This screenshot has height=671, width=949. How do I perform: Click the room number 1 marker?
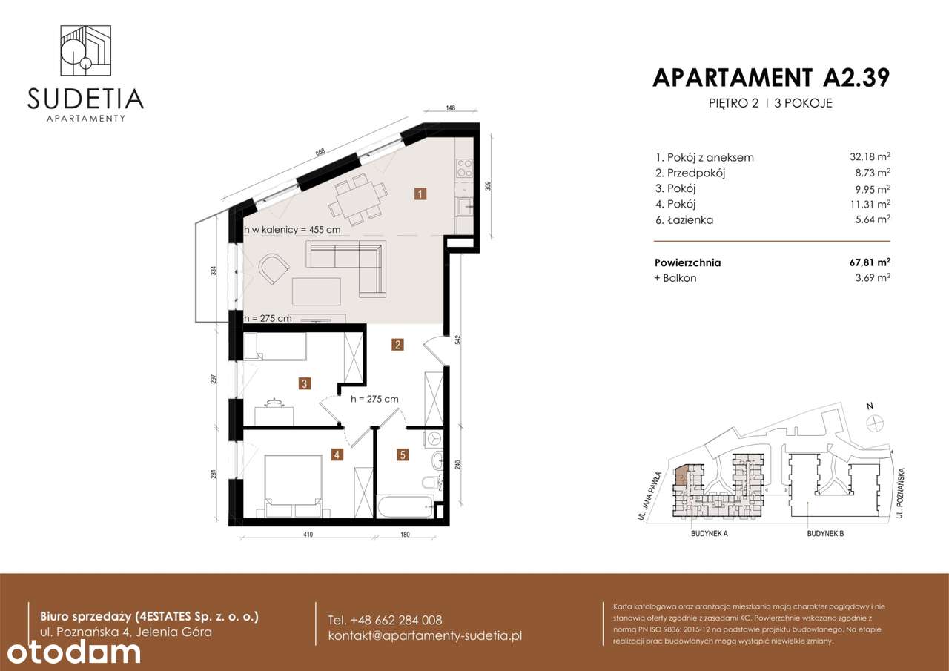coord(420,195)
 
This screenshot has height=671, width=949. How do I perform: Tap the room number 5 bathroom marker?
coord(403,455)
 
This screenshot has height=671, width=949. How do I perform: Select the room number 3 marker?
coord(304,383)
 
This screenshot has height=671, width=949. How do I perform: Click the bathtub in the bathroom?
coord(408,508)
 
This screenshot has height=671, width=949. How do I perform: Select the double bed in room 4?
coord(293,486)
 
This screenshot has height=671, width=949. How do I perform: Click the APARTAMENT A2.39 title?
coord(771,77)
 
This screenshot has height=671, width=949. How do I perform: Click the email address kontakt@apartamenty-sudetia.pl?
coord(425,636)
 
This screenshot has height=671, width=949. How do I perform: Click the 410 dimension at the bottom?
coord(307,534)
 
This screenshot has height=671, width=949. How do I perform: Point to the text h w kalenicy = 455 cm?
coord(292,230)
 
